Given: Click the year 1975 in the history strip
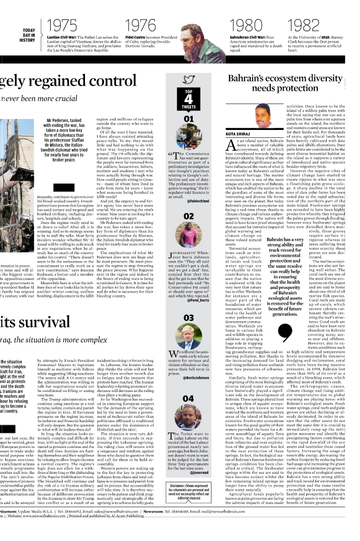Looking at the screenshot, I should tap(62, 26).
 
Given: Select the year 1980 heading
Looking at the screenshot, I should tap(247, 26).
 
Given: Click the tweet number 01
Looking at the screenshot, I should tap(188, 119).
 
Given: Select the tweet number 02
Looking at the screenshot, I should tap(188, 216).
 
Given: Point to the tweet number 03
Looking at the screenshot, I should tap(188, 318).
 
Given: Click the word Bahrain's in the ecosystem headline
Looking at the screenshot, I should tap(247, 79).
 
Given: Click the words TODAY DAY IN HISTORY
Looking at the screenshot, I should tap(29, 35).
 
